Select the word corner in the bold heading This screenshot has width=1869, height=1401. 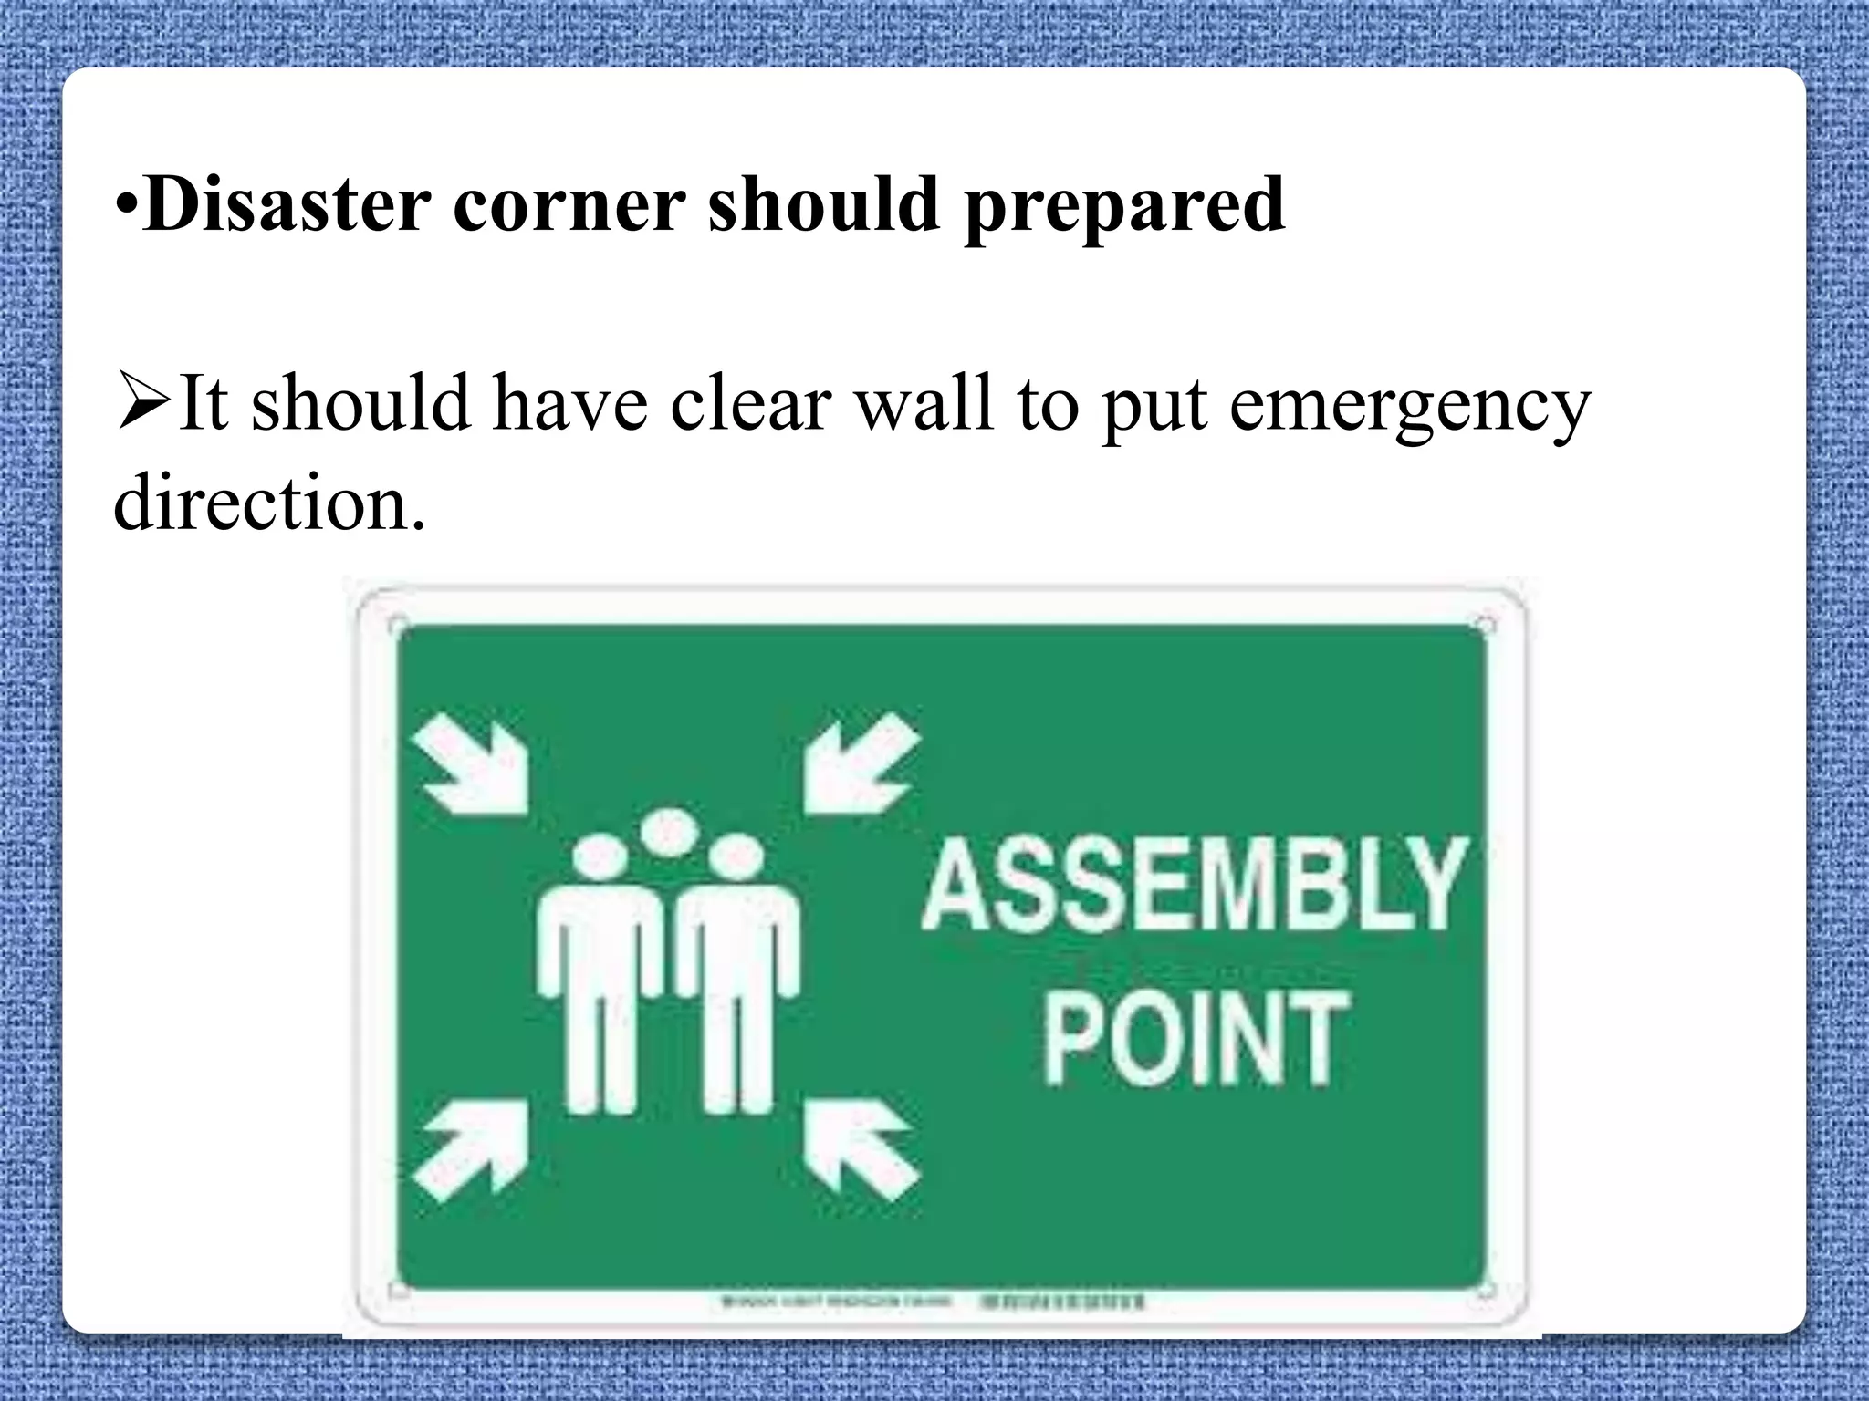coord(569,204)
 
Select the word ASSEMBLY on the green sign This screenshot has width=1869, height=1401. coord(1194,885)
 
